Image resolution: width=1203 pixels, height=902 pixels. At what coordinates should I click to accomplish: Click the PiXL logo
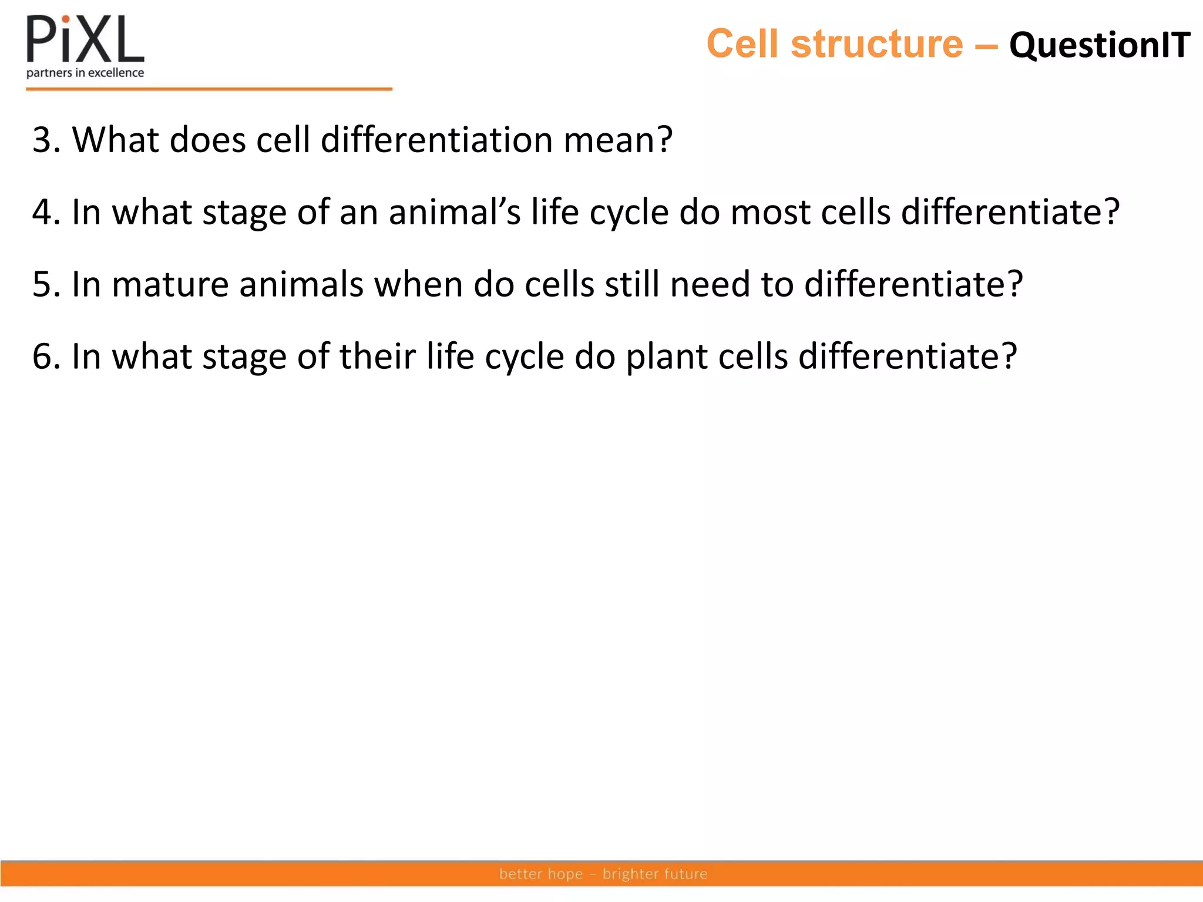[x=85, y=40]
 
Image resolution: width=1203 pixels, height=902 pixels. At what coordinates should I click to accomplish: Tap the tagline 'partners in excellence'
[x=85, y=73]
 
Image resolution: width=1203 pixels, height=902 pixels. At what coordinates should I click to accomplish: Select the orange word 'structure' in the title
[x=877, y=44]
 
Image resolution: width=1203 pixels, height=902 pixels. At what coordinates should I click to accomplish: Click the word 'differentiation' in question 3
[x=436, y=140]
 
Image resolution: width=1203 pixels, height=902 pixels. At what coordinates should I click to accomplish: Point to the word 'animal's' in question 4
[x=454, y=212]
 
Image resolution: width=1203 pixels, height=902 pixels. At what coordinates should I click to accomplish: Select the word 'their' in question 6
[x=378, y=356]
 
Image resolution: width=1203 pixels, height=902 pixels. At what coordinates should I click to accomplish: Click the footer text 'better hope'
[x=541, y=874]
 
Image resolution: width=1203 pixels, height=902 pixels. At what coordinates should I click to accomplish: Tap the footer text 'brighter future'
[x=655, y=874]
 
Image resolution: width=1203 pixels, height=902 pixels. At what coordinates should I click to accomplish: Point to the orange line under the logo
[x=209, y=89]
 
